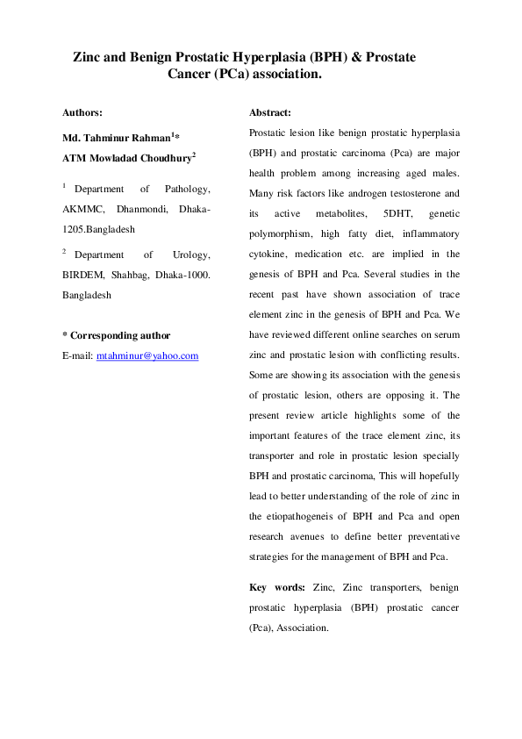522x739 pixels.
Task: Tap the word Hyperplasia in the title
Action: (268, 57)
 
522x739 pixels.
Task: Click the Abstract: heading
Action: (270, 112)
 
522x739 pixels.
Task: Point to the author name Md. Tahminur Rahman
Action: (115, 139)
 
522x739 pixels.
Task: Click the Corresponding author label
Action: (120, 335)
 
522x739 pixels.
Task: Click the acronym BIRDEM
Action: (83, 274)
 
